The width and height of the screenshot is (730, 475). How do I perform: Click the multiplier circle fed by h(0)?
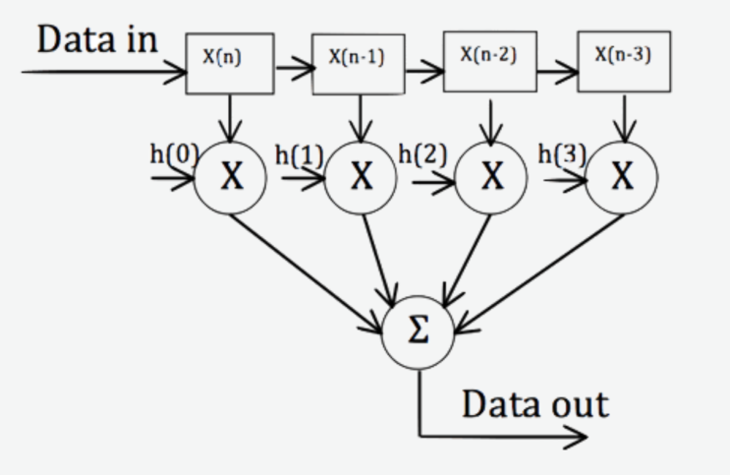pyautogui.click(x=232, y=178)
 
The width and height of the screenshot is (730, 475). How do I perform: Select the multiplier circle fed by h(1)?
pyautogui.click(x=362, y=178)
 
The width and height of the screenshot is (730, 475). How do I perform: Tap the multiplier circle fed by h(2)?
pyautogui.click(x=492, y=178)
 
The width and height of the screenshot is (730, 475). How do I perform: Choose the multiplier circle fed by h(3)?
pyautogui.click(x=621, y=178)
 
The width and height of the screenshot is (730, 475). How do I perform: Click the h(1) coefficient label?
pyautogui.click(x=299, y=153)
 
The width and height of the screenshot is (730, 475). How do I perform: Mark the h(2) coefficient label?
pyautogui.click(x=423, y=152)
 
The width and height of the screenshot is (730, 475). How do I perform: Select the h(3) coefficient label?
pyautogui.click(x=562, y=153)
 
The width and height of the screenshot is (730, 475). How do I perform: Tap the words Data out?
pyautogui.click(x=534, y=402)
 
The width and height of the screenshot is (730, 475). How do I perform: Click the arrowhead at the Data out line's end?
pyautogui.click(x=580, y=436)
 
